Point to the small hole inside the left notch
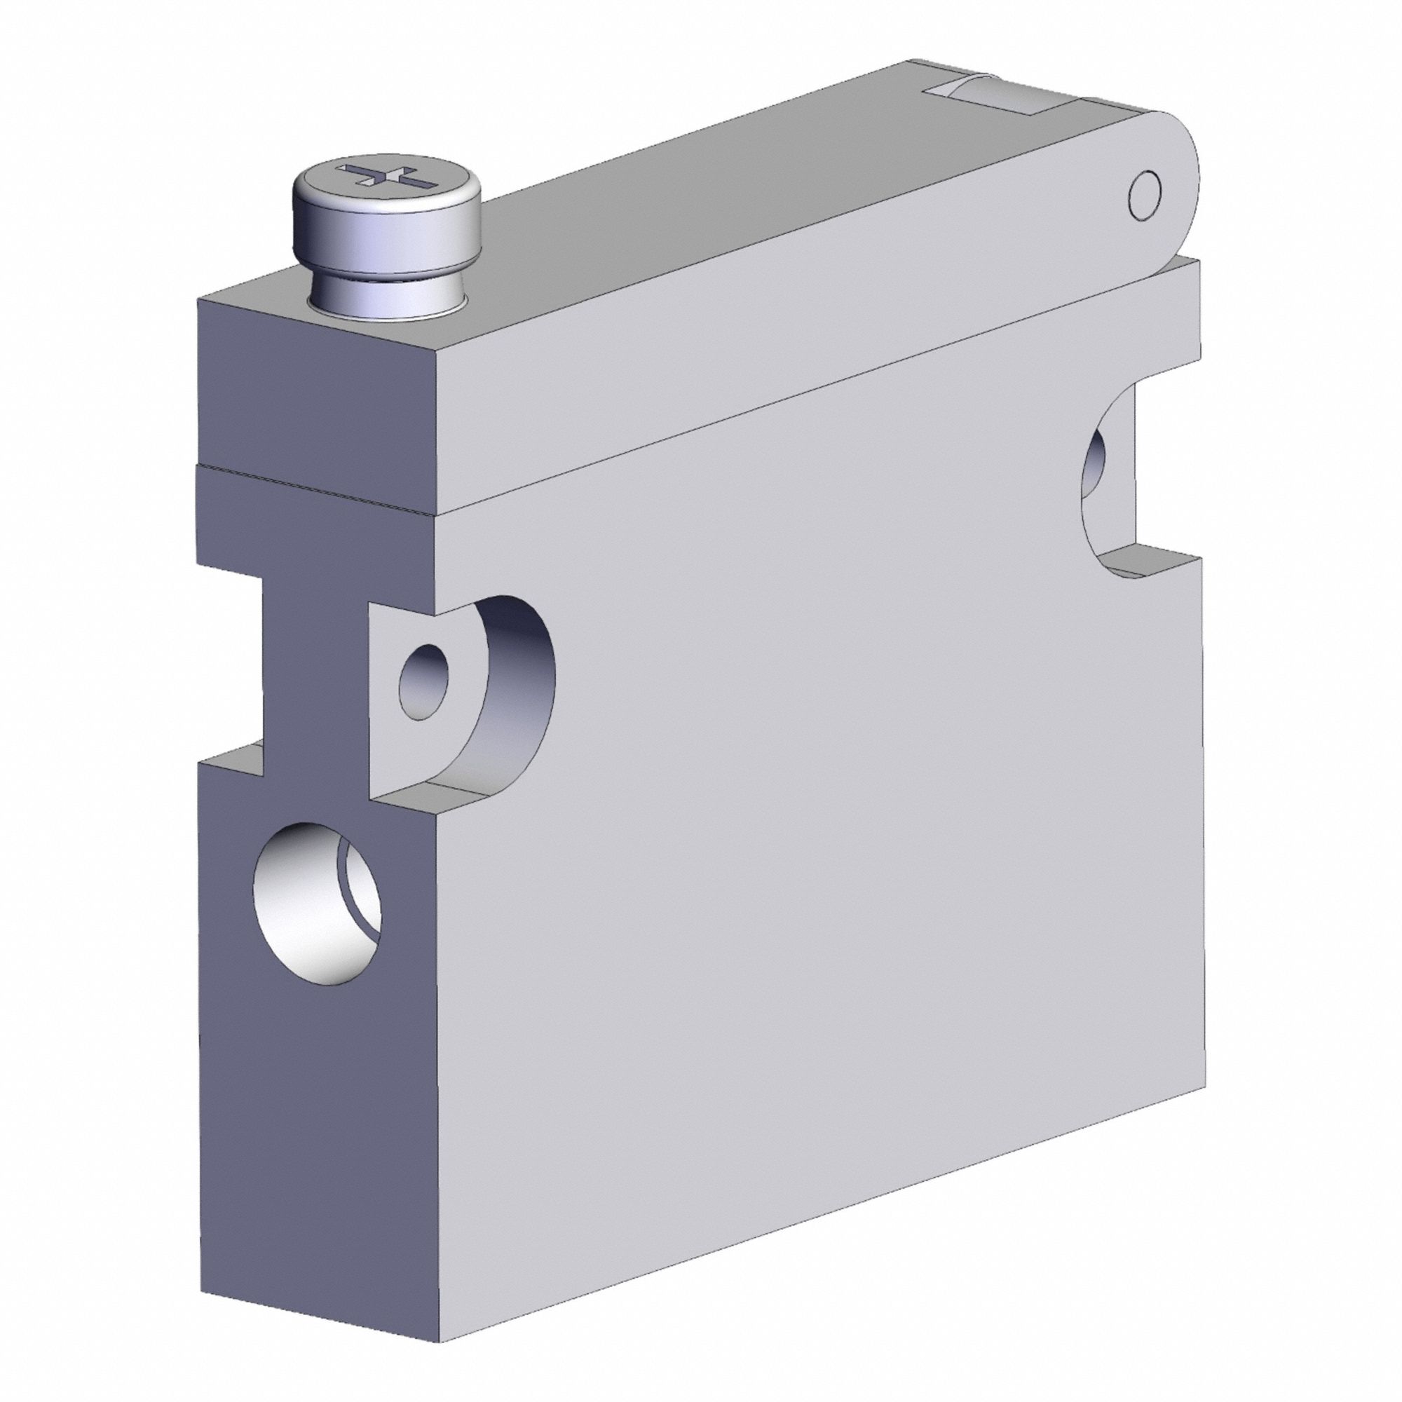click(x=425, y=682)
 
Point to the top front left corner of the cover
click(x=200, y=304)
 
